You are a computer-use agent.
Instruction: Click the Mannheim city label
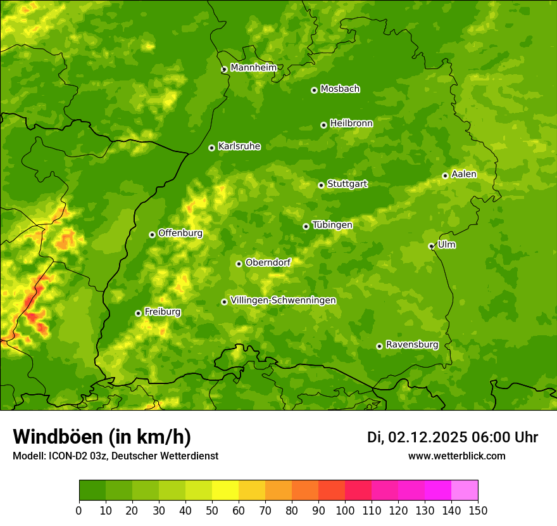(x=253, y=68)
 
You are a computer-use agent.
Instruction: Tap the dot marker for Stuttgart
(x=321, y=185)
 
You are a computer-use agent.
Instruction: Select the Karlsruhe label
(x=239, y=146)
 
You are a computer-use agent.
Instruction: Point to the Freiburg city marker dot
(x=138, y=313)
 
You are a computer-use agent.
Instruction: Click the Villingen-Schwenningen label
(x=283, y=300)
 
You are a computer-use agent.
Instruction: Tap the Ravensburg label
(x=411, y=345)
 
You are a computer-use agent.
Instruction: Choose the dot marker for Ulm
(x=431, y=246)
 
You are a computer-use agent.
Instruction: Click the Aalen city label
(x=463, y=174)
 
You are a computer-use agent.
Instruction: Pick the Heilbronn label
(x=351, y=124)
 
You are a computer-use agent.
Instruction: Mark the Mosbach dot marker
(x=314, y=90)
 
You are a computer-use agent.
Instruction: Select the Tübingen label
(x=332, y=225)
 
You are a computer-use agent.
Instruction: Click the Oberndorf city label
(x=268, y=262)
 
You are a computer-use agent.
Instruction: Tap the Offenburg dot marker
(x=152, y=234)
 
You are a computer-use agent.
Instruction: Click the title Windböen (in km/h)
(x=101, y=437)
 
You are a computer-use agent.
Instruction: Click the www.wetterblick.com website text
(x=456, y=456)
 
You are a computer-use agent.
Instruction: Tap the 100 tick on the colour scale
(x=345, y=510)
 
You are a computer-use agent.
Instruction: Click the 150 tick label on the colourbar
(x=478, y=510)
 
